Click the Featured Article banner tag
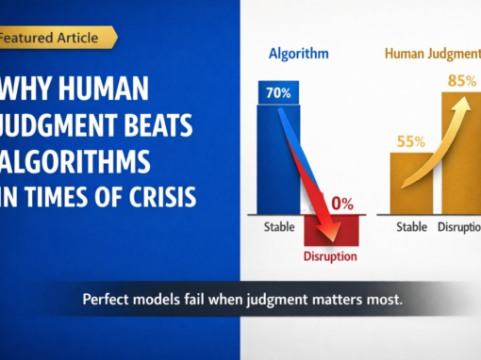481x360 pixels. [x=57, y=38]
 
